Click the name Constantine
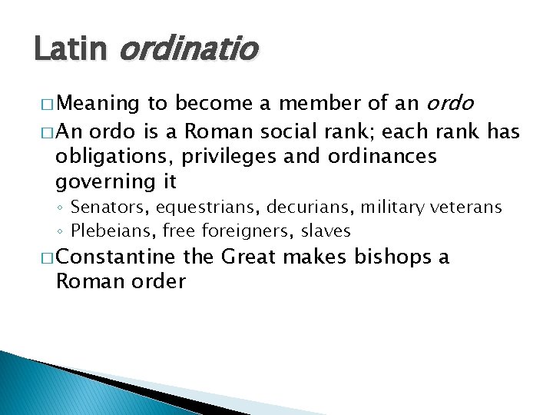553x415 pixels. pos(116,256)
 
